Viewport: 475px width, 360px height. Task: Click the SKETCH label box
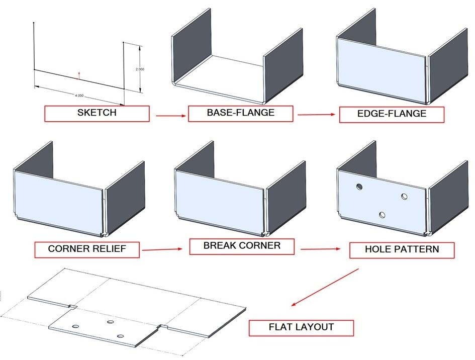pos(97,113)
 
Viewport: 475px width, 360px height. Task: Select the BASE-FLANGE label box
pos(240,113)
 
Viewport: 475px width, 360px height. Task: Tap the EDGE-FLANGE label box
pos(392,114)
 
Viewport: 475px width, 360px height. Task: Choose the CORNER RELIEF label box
pos(87,249)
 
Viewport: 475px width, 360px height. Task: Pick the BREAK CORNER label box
pos(242,246)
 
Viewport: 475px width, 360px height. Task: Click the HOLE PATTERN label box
pos(402,250)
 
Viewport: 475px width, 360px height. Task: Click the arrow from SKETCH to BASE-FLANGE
pos(168,116)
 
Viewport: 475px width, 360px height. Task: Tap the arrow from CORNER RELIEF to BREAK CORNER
pos(162,249)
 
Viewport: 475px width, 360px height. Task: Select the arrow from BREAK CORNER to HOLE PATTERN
pos(322,248)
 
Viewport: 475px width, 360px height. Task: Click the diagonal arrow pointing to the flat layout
pos(325,287)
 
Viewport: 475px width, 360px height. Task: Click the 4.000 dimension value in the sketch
pos(79,95)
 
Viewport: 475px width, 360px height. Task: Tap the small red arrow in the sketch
pos(78,76)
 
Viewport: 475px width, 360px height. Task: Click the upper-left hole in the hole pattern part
pos(359,187)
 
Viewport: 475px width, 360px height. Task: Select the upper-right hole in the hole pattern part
pos(405,196)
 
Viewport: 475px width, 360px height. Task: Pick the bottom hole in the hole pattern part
pos(383,215)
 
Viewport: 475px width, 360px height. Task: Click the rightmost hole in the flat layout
pos(120,335)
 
